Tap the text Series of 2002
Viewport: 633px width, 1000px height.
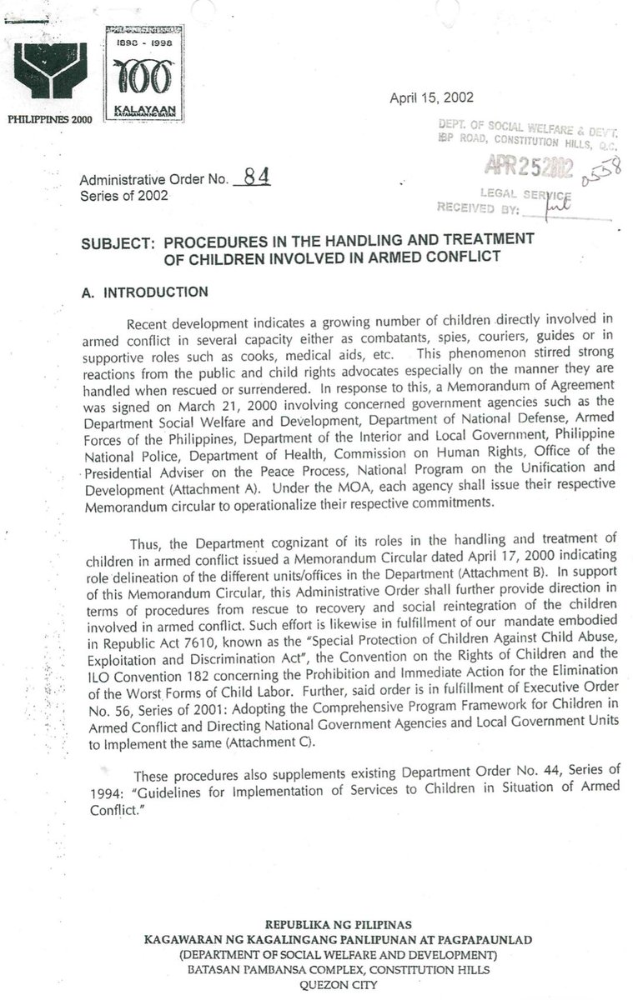pyautogui.click(x=123, y=196)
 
